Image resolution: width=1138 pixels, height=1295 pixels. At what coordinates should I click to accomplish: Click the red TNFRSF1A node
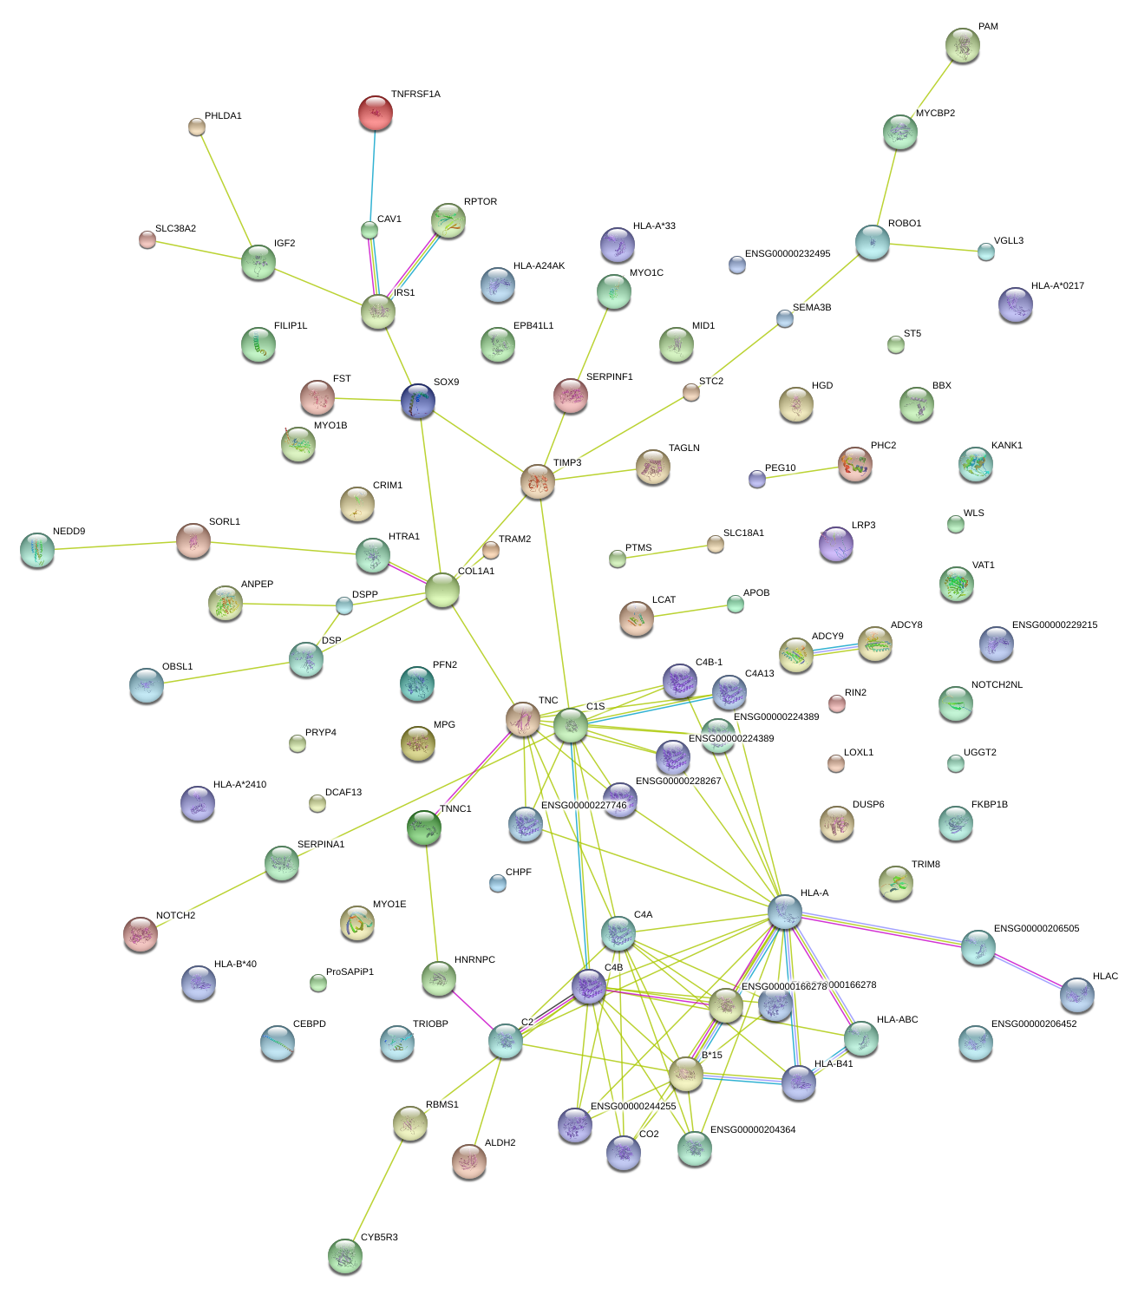(x=376, y=113)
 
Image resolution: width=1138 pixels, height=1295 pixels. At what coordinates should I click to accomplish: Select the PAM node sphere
(x=962, y=45)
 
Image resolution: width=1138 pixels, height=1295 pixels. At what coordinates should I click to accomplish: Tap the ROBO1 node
(x=872, y=242)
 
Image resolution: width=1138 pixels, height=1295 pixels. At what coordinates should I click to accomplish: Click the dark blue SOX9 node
(x=417, y=402)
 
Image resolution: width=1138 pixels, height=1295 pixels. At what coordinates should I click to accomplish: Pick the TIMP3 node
(x=538, y=481)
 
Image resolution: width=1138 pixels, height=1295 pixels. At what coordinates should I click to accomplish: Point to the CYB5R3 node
(x=344, y=1255)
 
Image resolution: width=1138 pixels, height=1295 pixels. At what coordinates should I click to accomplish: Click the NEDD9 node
(x=36, y=550)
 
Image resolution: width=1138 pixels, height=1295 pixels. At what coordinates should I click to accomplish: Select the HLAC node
(x=1076, y=994)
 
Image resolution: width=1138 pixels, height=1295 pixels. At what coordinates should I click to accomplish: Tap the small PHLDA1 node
(x=197, y=127)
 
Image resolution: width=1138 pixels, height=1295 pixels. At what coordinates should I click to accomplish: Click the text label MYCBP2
(x=935, y=113)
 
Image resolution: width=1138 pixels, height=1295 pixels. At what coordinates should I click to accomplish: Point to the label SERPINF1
(x=609, y=377)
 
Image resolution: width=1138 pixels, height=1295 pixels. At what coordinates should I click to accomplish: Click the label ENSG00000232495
(x=787, y=254)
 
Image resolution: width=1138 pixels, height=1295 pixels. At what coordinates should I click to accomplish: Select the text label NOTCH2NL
(x=997, y=685)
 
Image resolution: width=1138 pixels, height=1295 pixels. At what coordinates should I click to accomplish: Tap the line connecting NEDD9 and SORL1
(x=113, y=546)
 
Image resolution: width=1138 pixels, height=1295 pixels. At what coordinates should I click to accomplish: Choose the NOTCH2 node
(x=140, y=933)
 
